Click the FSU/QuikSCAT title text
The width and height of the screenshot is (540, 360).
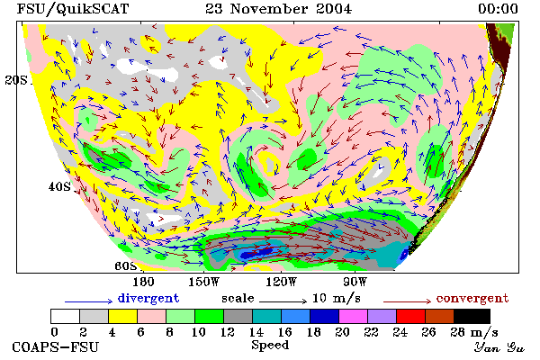point(73,9)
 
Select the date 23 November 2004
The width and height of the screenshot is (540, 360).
point(279,9)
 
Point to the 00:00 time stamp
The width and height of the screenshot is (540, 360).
point(498,9)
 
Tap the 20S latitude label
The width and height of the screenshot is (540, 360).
point(16,80)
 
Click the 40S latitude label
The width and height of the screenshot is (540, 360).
point(59,186)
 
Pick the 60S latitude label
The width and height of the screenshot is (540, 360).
point(126,266)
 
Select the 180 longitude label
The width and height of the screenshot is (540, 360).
point(143,282)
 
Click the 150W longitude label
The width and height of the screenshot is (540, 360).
point(204,282)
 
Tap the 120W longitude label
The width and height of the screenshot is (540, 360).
point(281,282)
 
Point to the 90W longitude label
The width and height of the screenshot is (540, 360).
point(355,282)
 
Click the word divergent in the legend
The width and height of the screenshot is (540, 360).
point(148,298)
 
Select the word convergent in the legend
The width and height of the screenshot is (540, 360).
point(472,298)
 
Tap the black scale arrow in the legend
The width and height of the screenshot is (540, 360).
point(283,301)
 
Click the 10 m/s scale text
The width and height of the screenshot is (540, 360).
point(336,298)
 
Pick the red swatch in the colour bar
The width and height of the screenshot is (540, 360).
point(410,316)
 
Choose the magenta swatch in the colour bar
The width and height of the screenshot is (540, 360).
point(353,316)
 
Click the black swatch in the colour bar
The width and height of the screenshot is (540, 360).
point(472,316)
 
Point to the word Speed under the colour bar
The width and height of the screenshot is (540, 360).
point(270,346)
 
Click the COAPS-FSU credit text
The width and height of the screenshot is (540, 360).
point(56,347)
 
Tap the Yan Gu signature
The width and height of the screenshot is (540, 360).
point(499,348)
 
